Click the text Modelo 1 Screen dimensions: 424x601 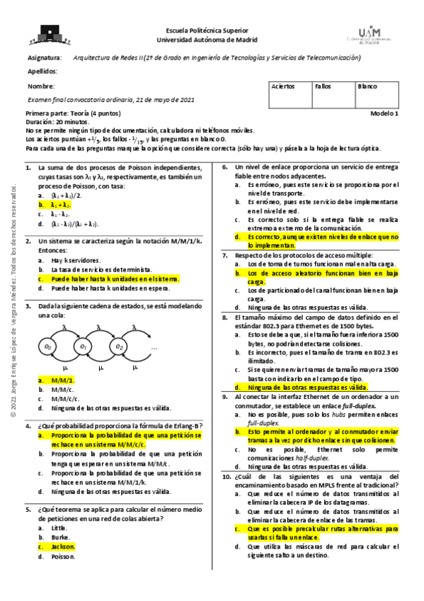click(x=385, y=113)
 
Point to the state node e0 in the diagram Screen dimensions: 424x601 click(x=48, y=347)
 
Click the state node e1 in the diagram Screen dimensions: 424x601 click(x=84, y=347)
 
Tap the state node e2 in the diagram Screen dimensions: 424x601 click(x=120, y=347)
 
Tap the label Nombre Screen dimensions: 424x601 click(x=40, y=86)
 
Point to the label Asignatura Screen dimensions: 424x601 click(x=44, y=57)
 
